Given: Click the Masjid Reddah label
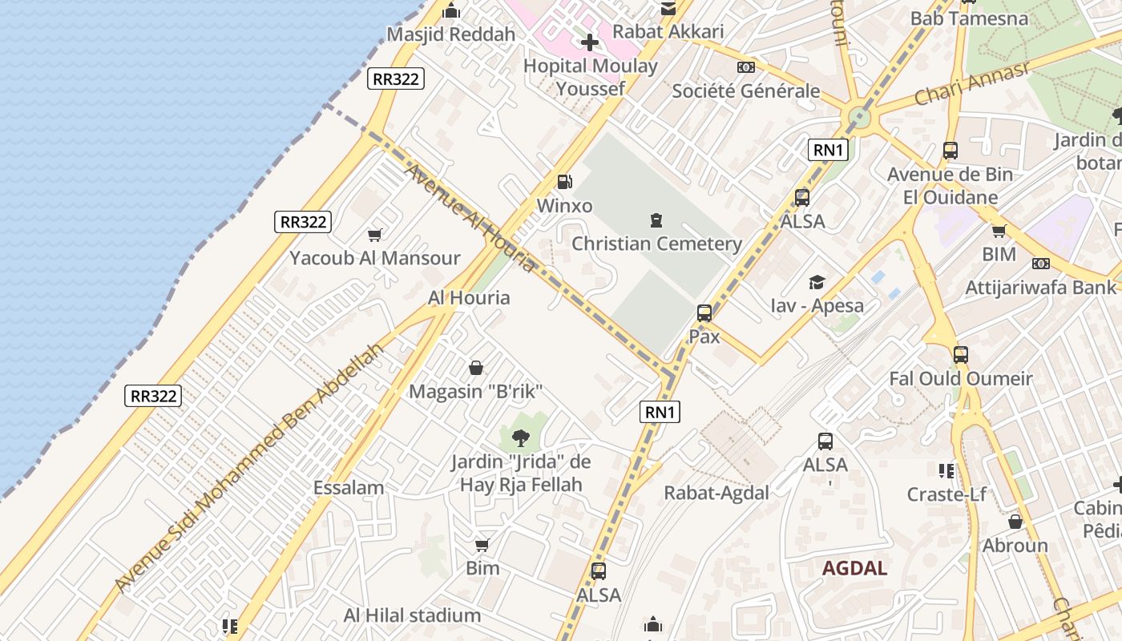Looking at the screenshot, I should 451,34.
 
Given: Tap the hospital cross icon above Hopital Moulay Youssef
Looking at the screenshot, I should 590,42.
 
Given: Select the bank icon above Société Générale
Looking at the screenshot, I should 746,68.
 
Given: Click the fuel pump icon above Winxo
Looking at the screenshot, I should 564,183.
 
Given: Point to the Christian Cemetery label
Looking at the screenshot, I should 656,244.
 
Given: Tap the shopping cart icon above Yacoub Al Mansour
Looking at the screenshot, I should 374,235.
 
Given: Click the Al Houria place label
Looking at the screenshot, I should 469,298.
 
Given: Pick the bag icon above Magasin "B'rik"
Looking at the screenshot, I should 476,368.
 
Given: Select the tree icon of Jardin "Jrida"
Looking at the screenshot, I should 520,437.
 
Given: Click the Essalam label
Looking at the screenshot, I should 349,487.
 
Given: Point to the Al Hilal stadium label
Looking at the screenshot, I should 412,615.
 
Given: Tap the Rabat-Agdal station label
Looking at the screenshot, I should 716,493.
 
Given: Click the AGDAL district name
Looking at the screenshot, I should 854,568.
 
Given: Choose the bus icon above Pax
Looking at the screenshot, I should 704,313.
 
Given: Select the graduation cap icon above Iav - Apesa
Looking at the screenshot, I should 817,282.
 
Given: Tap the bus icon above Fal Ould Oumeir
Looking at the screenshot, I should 961,354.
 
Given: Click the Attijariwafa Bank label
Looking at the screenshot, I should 1040,288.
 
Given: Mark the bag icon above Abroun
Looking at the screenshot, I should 1015,522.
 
